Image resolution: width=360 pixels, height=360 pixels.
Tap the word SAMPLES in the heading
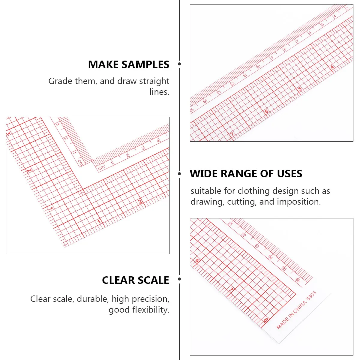[x=145, y=64]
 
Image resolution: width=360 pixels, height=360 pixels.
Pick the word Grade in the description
[x=60, y=81]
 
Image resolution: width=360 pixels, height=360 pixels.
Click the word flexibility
[x=151, y=310]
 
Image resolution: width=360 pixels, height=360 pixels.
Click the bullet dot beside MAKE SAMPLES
[x=179, y=64]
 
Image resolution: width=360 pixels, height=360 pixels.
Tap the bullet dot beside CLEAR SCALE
[x=179, y=279]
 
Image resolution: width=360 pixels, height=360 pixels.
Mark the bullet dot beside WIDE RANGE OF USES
[x=179, y=174]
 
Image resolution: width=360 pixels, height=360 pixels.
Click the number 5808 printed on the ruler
[x=311, y=296]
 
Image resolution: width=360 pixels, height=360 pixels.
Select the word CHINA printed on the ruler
[x=299, y=307]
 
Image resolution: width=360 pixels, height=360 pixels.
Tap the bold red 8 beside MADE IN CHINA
[x=266, y=320]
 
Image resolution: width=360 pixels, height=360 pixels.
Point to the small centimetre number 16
[x=298, y=280]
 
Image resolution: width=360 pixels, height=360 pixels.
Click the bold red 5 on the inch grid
[x=300, y=89]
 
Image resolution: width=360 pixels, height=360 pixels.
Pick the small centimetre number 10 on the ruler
[x=258, y=67]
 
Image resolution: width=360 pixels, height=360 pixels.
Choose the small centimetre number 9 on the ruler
[x=272, y=58]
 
